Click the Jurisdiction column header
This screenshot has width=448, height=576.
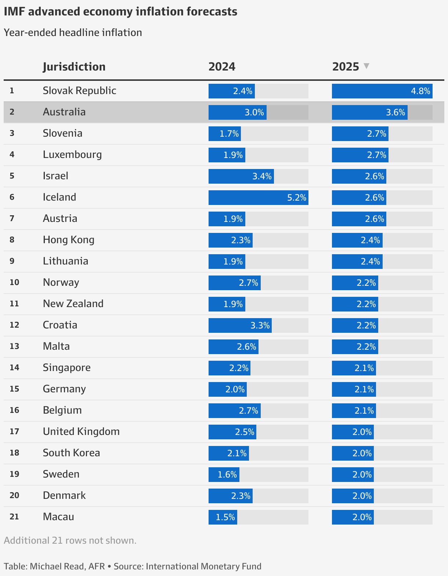74,67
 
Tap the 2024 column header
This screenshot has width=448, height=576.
222,67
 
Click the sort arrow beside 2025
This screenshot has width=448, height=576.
366,66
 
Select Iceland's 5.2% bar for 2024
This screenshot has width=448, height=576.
258,198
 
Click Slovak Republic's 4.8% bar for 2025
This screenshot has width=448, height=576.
382,91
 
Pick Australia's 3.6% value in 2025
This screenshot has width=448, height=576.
395,112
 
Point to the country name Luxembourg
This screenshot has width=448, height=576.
72,155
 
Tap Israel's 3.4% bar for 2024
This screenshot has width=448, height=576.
241,176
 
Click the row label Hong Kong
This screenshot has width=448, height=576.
69,240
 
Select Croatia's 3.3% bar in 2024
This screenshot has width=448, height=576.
240,325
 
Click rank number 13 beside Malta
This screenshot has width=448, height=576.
14,346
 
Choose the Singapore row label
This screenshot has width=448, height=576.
67,368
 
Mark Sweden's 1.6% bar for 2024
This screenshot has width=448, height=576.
224,475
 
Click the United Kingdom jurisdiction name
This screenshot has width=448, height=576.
81,432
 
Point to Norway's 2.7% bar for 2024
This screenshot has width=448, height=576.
234,283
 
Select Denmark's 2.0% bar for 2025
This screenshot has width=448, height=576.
353,496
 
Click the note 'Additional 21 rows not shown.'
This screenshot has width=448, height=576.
70,540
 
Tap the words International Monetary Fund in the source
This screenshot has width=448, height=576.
203,566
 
